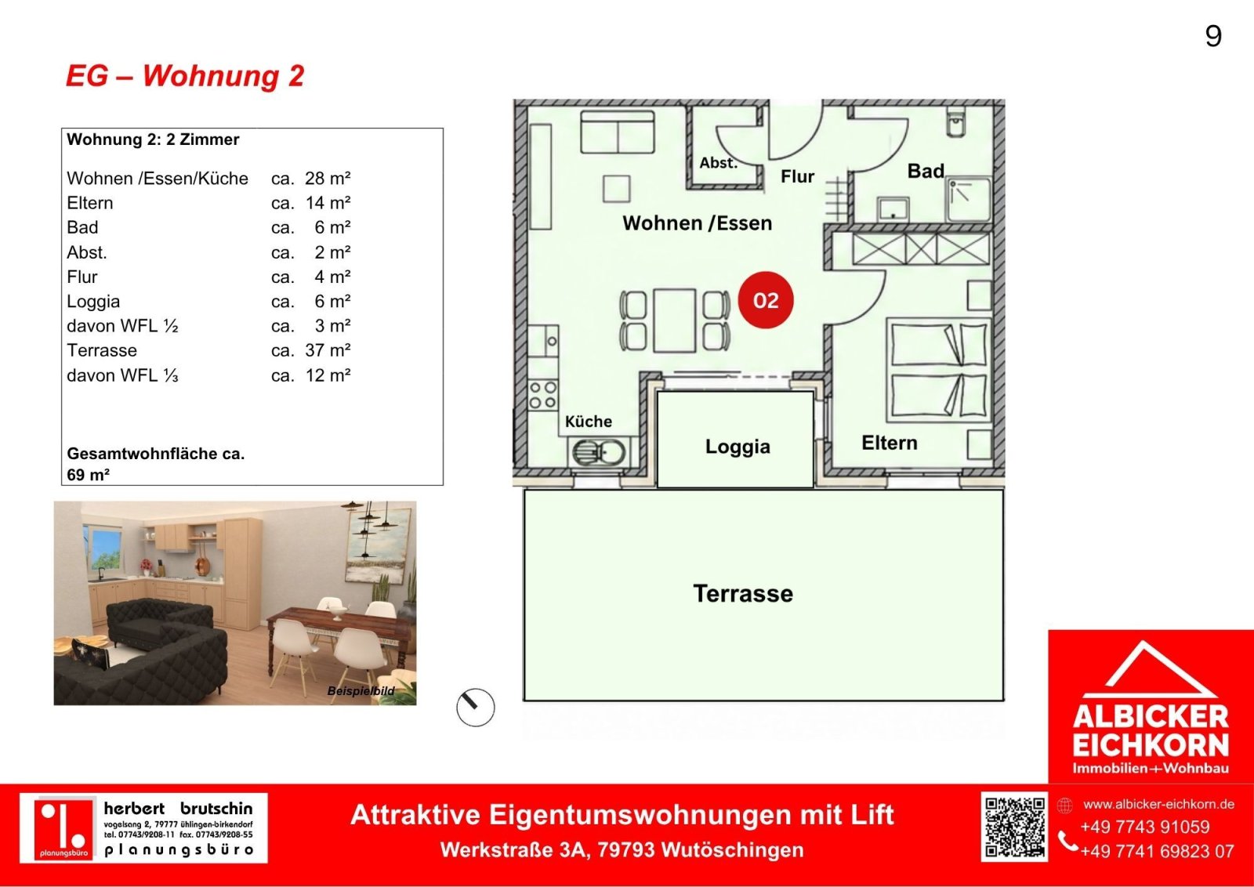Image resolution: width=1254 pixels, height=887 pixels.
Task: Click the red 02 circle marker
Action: click(x=765, y=300)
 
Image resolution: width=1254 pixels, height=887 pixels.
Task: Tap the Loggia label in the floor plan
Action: click(x=738, y=447)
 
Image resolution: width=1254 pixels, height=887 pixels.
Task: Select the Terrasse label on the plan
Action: click(x=743, y=593)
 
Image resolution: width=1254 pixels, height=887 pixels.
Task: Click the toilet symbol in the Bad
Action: click(x=955, y=123)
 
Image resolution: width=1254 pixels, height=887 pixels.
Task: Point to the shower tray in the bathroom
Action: click(x=969, y=200)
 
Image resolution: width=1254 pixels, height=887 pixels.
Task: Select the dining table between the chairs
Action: click(x=674, y=320)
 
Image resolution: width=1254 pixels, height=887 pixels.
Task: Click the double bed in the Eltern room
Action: click(x=938, y=370)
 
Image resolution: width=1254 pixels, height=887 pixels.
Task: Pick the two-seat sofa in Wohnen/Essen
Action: click(x=618, y=132)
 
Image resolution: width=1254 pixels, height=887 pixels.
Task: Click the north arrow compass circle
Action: click(x=475, y=708)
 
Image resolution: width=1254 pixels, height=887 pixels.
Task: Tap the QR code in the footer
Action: click(x=1014, y=827)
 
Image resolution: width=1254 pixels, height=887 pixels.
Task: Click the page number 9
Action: click(x=1212, y=36)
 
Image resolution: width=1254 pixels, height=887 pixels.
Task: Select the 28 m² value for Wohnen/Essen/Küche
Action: click(x=328, y=178)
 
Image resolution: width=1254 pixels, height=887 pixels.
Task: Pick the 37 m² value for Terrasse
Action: click(x=328, y=350)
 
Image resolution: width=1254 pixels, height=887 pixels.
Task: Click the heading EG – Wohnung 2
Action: click(x=185, y=76)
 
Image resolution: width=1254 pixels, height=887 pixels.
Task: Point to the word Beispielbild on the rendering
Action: click(x=361, y=691)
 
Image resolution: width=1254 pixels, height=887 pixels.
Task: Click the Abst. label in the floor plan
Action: click(x=718, y=163)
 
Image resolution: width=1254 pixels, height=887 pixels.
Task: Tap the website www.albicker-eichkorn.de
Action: click(x=1158, y=804)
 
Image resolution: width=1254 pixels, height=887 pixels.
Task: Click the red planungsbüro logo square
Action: click(x=63, y=828)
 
